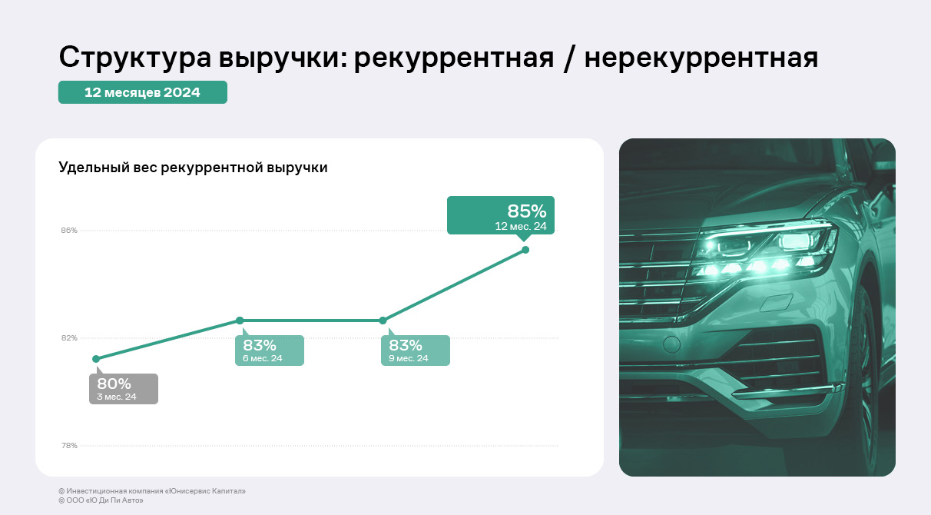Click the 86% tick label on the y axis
point(69,230)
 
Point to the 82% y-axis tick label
point(69,337)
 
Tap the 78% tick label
point(69,446)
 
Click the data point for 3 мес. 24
point(96,359)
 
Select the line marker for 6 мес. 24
point(240,321)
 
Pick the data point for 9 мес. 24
point(383,321)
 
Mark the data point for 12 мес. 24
point(525,250)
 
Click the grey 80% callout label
point(124,388)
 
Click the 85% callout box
point(501,215)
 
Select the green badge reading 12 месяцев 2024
point(143,92)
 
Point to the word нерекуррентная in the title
point(701,58)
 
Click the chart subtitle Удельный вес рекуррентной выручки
point(193,168)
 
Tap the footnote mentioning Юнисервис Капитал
point(152,491)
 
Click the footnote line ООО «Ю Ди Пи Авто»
point(101,500)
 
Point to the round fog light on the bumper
point(671,344)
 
